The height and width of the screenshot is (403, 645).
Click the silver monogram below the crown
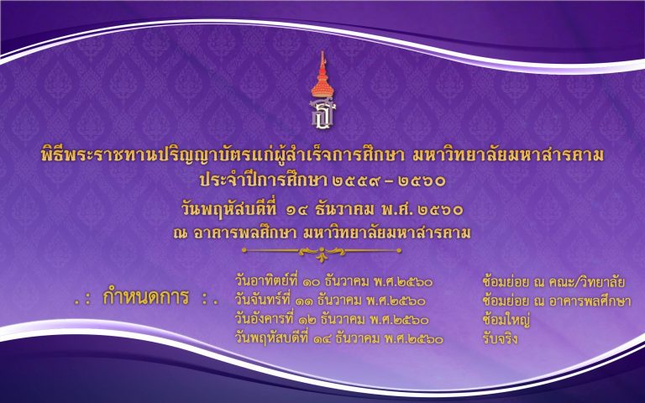pos(322,113)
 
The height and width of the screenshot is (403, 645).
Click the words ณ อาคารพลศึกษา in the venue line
pos(235,233)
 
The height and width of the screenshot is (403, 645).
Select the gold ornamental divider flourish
pos(322,252)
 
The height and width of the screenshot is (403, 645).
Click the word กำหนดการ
pos(145,297)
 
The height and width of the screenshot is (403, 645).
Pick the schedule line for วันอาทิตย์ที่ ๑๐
pos(333,282)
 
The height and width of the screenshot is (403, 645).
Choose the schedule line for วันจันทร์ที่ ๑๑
pos(330,301)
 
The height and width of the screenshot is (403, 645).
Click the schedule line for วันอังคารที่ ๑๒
pos(332,320)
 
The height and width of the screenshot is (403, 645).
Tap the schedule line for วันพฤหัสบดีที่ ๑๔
pos(339,339)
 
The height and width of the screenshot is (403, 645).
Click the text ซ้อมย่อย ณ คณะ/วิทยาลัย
pos(553,282)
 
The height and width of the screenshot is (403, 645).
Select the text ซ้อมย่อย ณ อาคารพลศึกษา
pos(557,301)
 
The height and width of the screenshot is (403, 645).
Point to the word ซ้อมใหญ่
pos(506,320)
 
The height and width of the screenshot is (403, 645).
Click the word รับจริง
pos(500,339)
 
